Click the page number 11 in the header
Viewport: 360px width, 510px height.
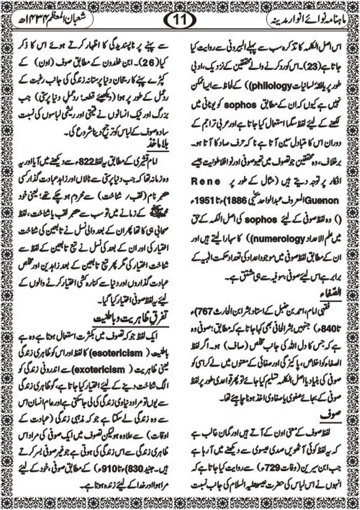[180, 21]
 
